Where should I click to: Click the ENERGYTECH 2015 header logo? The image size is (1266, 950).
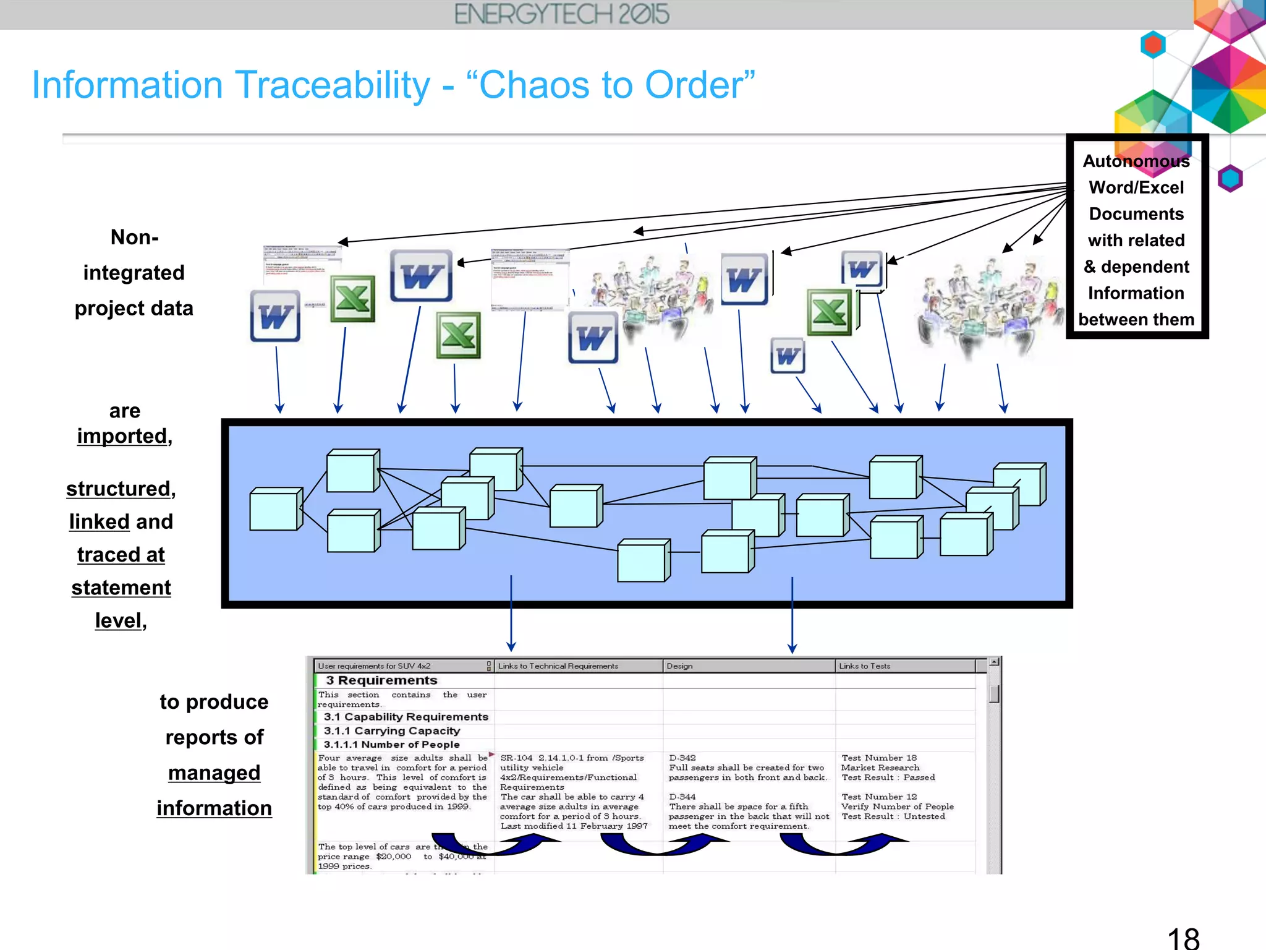[x=561, y=14]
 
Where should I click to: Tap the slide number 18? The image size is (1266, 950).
[x=1183, y=938]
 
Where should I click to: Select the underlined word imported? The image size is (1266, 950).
[x=122, y=436]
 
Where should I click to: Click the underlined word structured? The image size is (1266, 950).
[x=119, y=489]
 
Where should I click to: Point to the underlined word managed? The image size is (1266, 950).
[x=214, y=772]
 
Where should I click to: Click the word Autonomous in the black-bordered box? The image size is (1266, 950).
[x=1136, y=161]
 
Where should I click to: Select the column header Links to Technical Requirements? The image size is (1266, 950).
[x=558, y=666]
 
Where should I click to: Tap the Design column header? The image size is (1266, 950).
[x=679, y=666]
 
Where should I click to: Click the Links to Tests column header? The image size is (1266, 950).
[x=864, y=666]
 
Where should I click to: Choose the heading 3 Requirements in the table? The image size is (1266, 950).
[x=381, y=680]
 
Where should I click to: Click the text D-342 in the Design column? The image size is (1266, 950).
[x=682, y=758]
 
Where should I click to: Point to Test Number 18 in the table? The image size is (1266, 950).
[x=878, y=758]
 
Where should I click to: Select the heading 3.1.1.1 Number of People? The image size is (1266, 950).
[x=391, y=745]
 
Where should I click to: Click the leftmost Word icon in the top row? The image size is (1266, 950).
[x=275, y=316]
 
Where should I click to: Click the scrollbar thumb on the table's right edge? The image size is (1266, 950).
[x=994, y=694]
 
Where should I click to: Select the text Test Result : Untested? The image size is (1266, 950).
[x=893, y=816]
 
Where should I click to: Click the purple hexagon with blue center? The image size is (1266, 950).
[x=1230, y=179]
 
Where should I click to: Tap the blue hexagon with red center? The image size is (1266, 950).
[x=1153, y=45]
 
